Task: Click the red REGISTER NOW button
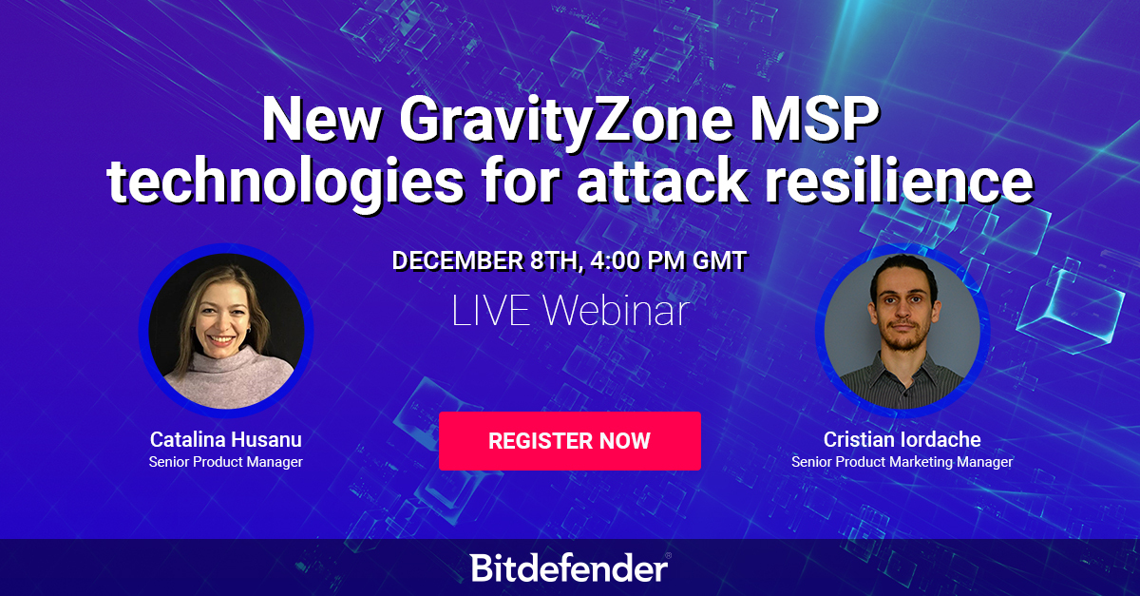tap(569, 441)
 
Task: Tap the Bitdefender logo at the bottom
tap(570, 567)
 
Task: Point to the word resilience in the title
tap(900, 181)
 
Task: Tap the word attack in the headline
tap(661, 181)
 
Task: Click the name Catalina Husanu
tap(226, 439)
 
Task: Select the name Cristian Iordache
tap(902, 439)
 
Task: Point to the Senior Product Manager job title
tap(226, 462)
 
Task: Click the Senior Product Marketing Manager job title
tap(902, 462)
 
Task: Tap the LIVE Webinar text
tap(570, 310)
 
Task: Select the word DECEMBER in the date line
tap(458, 260)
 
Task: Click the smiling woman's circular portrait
tap(226, 331)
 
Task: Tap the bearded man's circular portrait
tap(902, 331)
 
